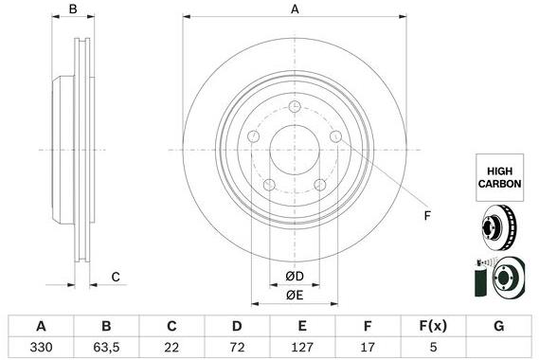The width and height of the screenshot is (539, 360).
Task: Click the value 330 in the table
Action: (42, 347)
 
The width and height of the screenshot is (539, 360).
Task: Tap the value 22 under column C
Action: (171, 347)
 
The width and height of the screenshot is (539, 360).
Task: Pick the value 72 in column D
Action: (237, 347)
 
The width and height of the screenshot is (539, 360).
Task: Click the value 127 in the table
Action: (301, 347)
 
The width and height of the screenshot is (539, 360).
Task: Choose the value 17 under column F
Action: (367, 347)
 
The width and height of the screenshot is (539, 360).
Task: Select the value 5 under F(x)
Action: (432, 347)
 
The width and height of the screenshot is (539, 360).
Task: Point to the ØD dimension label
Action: (295, 277)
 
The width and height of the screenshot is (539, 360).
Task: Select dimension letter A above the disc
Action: (295, 9)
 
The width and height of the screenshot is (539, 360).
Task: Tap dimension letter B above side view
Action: (73, 9)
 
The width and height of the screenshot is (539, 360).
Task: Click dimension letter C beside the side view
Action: (115, 277)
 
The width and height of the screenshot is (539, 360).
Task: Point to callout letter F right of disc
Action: (427, 216)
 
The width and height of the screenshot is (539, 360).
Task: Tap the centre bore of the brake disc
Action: (295, 149)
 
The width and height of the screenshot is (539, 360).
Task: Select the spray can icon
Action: (477, 280)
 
